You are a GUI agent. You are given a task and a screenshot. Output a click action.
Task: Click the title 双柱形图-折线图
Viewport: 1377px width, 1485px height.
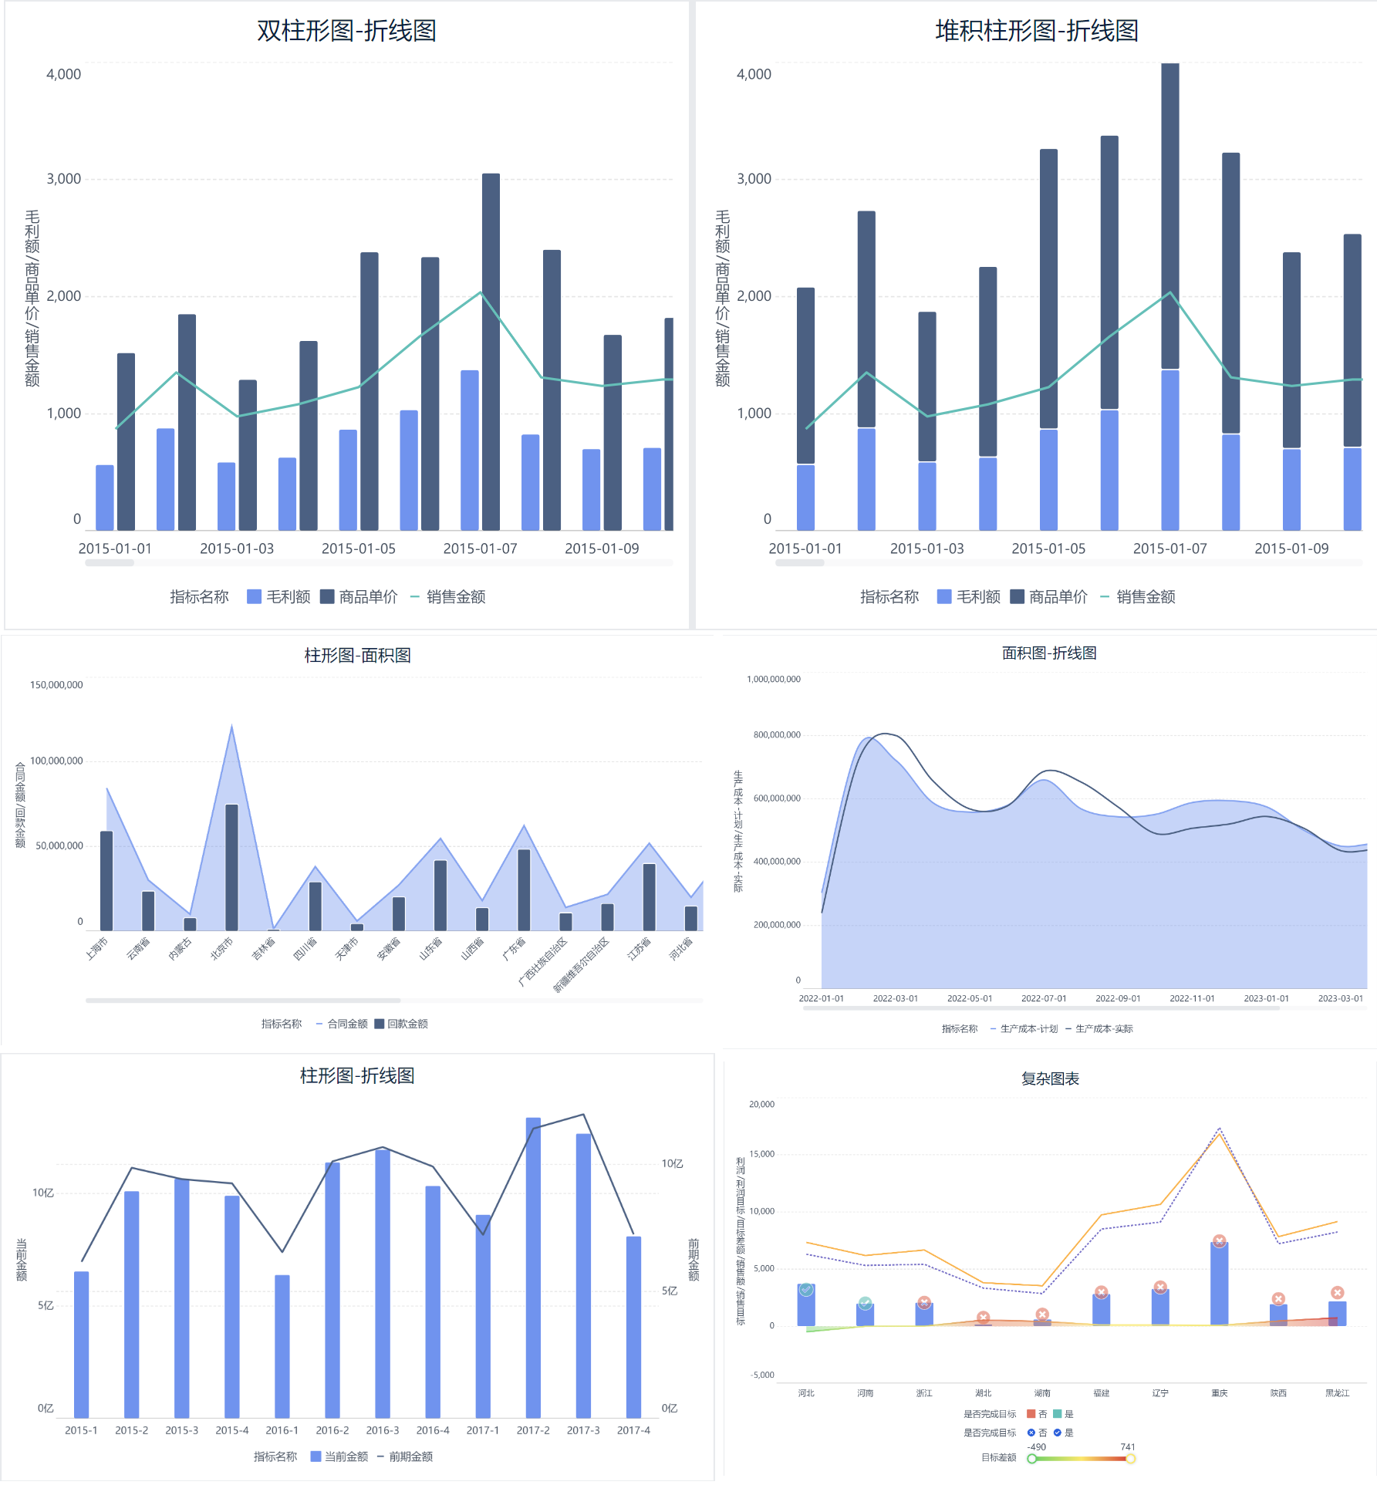[x=346, y=31]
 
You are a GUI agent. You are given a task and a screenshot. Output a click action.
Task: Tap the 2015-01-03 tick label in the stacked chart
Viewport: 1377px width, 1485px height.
[x=926, y=548]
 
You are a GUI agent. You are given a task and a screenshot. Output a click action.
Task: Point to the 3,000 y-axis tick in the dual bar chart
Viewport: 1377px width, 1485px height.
[x=63, y=179]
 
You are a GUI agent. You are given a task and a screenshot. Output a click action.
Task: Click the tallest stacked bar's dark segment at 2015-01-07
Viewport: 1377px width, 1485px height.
[x=1169, y=216]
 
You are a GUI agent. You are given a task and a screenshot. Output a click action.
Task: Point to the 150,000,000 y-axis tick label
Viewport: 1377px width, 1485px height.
[x=56, y=685]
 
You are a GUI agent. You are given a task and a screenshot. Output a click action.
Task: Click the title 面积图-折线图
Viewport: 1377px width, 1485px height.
[x=1049, y=653]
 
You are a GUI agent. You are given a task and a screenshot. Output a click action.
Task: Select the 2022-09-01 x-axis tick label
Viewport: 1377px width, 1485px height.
[x=1118, y=998]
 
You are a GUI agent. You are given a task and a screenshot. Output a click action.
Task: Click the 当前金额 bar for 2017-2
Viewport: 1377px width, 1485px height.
[x=533, y=1265]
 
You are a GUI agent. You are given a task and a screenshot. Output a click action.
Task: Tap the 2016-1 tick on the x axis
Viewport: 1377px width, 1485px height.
[x=282, y=1430]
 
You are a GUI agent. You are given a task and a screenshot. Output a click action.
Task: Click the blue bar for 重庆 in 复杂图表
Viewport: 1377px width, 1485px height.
[x=1219, y=1284]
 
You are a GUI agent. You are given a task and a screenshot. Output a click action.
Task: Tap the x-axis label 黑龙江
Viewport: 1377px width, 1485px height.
[x=1337, y=1393]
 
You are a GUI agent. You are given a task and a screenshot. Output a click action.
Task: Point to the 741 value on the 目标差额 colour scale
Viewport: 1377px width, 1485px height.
[x=1127, y=1447]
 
